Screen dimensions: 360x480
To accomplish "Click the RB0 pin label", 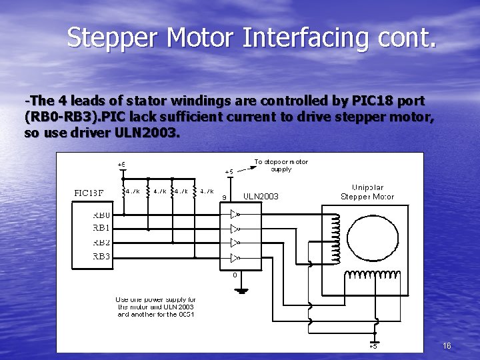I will coord(102,215).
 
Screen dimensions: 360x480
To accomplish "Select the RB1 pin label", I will coord(102,229).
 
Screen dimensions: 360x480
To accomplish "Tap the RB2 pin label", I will coord(102,242).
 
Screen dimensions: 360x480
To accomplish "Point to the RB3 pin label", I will coord(102,256).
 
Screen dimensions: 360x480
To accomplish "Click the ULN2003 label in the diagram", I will coord(261,197).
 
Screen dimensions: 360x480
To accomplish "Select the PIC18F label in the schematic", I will coord(88,193).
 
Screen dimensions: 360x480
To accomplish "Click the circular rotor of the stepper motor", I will coord(364,236).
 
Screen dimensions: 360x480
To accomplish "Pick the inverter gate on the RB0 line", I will coord(235,215).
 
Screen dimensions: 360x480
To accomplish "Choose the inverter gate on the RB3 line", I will coord(235,257).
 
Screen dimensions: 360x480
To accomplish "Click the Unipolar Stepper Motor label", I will coord(367,192).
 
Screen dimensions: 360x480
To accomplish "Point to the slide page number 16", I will coord(447,345).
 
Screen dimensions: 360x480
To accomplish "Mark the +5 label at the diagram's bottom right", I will coord(373,346).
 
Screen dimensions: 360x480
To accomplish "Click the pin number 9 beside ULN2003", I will coord(224,197).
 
